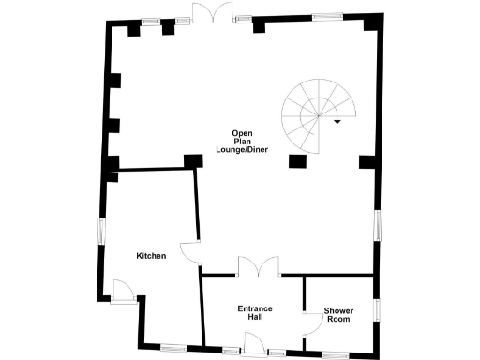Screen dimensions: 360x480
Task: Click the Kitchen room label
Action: coord(151,256)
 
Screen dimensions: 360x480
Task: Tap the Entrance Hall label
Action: coord(253,313)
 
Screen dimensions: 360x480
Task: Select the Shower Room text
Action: coord(337,315)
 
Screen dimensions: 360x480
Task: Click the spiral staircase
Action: coord(310,115)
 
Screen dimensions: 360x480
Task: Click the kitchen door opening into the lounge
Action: coord(190,251)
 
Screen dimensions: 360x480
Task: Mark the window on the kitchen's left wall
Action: coord(101,231)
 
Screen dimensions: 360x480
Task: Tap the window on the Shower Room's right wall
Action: coord(378,310)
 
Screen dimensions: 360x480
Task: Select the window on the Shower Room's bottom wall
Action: coord(335,354)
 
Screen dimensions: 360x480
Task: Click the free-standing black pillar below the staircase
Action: coord(298,161)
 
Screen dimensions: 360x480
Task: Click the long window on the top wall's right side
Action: coord(327,15)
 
